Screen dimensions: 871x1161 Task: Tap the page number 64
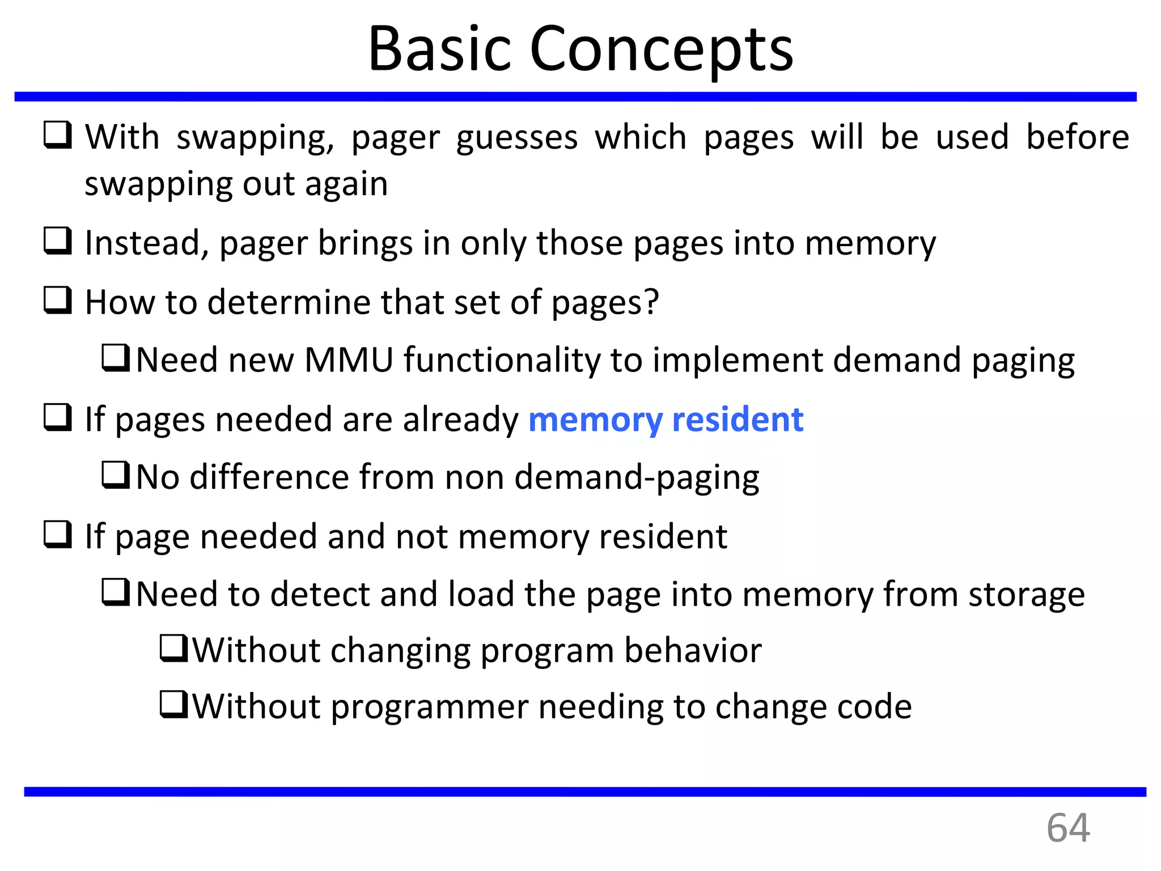tap(1068, 828)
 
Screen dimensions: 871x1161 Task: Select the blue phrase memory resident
tap(666, 420)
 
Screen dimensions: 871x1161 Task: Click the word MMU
tap(349, 361)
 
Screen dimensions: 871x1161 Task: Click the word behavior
tap(693, 650)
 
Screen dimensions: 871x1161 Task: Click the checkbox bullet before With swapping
tap(58, 136)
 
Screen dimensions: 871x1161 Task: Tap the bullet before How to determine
tap(58, 301)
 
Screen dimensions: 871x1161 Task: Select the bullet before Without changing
tap(173, 649)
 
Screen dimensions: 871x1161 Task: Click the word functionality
tap(501, 361)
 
